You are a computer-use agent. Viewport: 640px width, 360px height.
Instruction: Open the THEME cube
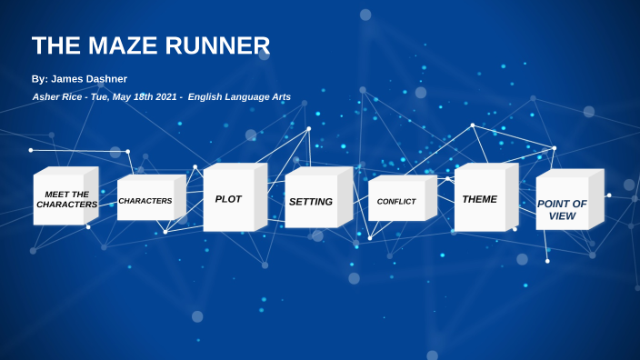tap(480, 199)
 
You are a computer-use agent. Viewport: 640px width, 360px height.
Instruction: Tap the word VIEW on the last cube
tap(562, 215)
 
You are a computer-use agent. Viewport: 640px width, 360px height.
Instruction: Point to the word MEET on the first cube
tap(55, 194)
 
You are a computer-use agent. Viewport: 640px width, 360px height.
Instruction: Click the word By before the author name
tap(37, 79)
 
